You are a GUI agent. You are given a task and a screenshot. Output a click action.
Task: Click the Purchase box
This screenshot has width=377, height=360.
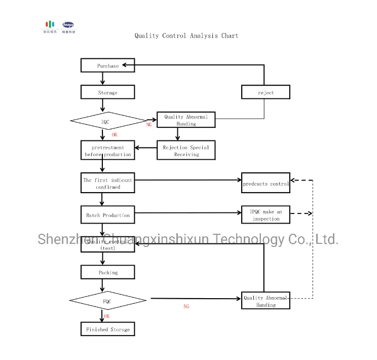pyautogui.click(x=108, y=65)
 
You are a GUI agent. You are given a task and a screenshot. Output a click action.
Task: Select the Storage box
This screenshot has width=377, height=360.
pyautogui.click(x=108, y=92)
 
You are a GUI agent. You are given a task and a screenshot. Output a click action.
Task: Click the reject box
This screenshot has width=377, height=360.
pyautogui.click(x=266, y=92)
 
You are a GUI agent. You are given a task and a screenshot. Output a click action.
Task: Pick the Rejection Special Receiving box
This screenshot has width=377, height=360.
pyautogui.click(x=186, y=151)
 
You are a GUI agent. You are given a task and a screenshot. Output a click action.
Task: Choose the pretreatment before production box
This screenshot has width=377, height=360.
pyautogui.click(x=108, y=151)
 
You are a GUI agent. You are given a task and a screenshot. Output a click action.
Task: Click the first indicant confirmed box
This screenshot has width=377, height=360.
pyautogui.click(x=108, y=184)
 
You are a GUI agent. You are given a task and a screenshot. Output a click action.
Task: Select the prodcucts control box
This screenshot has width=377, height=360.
pyautogui.click(x=266, y=184)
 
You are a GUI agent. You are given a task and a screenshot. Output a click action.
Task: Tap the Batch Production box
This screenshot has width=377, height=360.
pyautogui.click(x=108, y=215)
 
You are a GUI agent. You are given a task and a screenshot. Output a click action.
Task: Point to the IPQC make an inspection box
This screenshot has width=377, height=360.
pyautogui.click(x=266, y=215)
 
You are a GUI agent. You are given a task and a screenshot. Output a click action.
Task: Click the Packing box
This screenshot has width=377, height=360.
pyautogui.click(x=108, y=272)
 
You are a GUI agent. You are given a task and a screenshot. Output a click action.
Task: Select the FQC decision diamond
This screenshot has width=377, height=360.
pyautogui.click(x=107, y=301)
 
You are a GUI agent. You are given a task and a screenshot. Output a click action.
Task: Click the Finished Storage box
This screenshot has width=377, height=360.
pyautogui.click(x=108, y=330)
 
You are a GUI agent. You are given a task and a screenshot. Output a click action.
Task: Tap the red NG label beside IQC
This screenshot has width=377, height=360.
pyautogui.click(x=149, y=125)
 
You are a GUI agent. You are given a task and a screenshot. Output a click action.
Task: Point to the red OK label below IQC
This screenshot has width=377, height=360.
pyautogui.click(x=115, y=135)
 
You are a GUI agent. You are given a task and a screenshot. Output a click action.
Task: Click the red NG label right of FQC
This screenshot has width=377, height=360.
pyautogui.click(x=186, y=307)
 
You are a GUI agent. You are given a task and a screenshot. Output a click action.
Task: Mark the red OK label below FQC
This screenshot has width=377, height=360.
pyautogui.click(x=107, y=316)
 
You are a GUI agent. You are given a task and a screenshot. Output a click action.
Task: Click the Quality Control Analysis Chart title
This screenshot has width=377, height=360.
pyautogui.click(x=186, y=36)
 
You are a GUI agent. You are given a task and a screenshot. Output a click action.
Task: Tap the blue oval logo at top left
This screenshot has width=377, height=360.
pyautogui.click(x=68, y=24)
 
